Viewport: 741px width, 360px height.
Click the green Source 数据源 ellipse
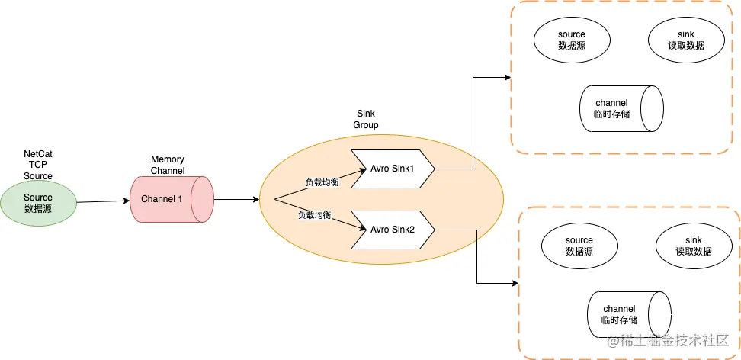pyautogui.click(x=38, y=203)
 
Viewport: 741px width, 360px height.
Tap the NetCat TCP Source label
pyautogui.click(x=38, y=165)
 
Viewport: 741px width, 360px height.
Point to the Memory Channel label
pyautogui.click(x=168, y=165)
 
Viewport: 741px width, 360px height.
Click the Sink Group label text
pyautogui.click(x=366, y=119)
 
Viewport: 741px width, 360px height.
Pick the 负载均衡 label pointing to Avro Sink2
pyautogui.click(x=313, y=216)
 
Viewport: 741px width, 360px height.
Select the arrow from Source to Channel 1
pyautogui.click(x=102, y=202)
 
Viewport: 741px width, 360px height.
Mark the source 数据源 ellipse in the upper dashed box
pyautogui.click(x=571, y=40)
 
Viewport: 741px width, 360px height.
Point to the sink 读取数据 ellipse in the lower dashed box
pyautogui.click(x=693, y=246)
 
